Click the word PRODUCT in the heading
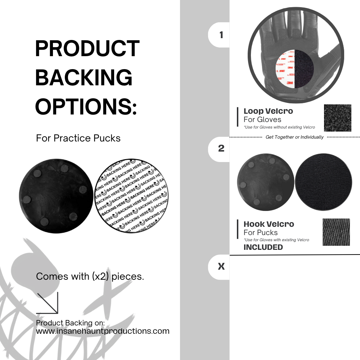coord(87,49)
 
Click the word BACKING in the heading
coord(84,77)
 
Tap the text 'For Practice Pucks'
coord(78,138)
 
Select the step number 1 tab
coord(221,35)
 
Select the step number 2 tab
coord(221,148)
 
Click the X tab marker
coord(221,267)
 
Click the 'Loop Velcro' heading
coord(268,111)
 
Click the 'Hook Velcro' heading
coord(269,224)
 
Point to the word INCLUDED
coord(263,247)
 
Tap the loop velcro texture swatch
coord(337,118)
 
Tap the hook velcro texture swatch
coord(336,232)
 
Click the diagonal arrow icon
coord(48,303)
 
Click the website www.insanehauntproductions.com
coord(103,331)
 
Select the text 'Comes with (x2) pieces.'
coord(90,276)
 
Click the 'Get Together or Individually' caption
coord(294,137)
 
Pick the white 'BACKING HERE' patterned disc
coord(131,196)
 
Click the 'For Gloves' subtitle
coord(262,120)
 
